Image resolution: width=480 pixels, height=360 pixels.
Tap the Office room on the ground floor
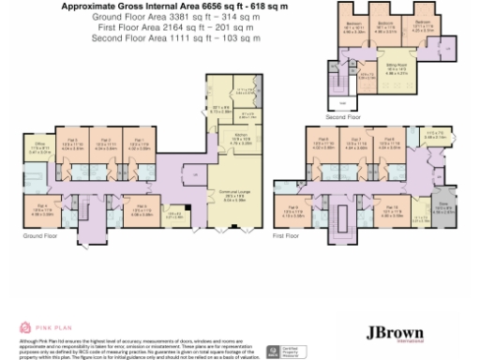coord(35,147)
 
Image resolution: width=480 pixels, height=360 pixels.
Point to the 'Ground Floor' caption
coord(38,237)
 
